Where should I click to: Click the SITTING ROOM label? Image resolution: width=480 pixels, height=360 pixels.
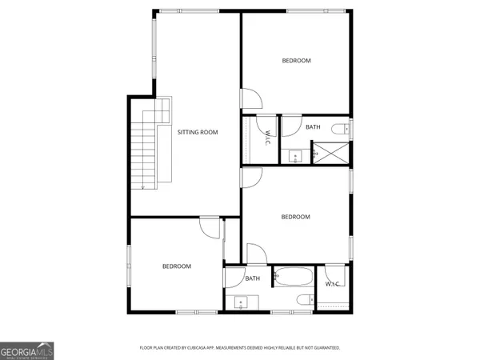click(x=197, y=132)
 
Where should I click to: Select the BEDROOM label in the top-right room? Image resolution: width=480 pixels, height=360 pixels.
click(x=296, y=61)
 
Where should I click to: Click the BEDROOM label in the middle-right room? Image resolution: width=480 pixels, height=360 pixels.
click(x=295, y=217)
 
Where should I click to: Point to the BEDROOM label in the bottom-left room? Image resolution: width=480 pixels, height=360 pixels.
click(x=177, y=266)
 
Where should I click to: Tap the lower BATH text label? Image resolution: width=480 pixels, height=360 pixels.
click(x=253, y=278)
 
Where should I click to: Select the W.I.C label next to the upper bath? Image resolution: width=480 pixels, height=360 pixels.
click(x=266, y=138)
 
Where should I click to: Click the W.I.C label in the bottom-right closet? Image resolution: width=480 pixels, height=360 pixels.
click(x=332, y=285)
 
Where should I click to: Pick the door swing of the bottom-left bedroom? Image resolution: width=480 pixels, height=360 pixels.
click(x=210, y=229)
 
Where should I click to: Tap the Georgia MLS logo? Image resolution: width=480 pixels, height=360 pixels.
click(x=27, y=350)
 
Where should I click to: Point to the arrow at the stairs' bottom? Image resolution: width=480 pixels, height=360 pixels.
click(x=142, y=186)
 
